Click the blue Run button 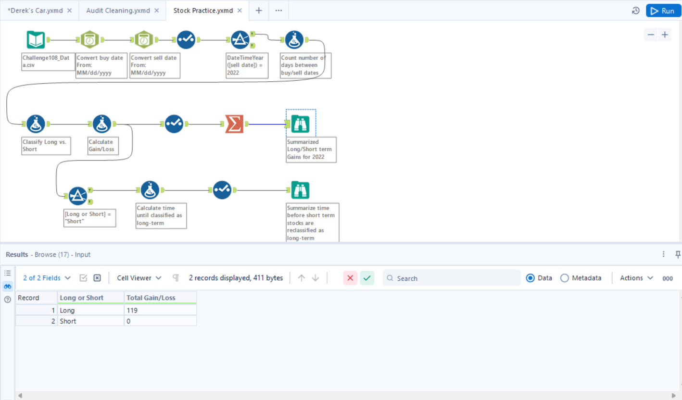click(x=663, y=11)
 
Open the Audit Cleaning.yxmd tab click(x=118, y=10)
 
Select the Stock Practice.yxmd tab click(x=203, y=10)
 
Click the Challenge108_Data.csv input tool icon click(x=36, y=40)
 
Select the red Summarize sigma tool click(x=234, y=124)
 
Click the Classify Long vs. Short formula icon click(x=36, y=124)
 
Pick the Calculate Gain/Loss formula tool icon click(x=101, y=124)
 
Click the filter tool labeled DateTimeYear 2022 click(x=240, y=40)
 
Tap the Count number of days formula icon click(x=294, y=40)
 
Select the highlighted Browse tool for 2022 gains click(x=301, y=124)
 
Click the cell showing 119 click(x=160, y=311)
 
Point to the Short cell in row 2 click(x=90, y=321)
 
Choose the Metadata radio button click(x=565, y=278)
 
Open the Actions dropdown click(x=636, y=278)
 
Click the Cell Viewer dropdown click(x=139, y=278)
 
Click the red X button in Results click(x=350, y=278)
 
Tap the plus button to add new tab click(x=259, y=10)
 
